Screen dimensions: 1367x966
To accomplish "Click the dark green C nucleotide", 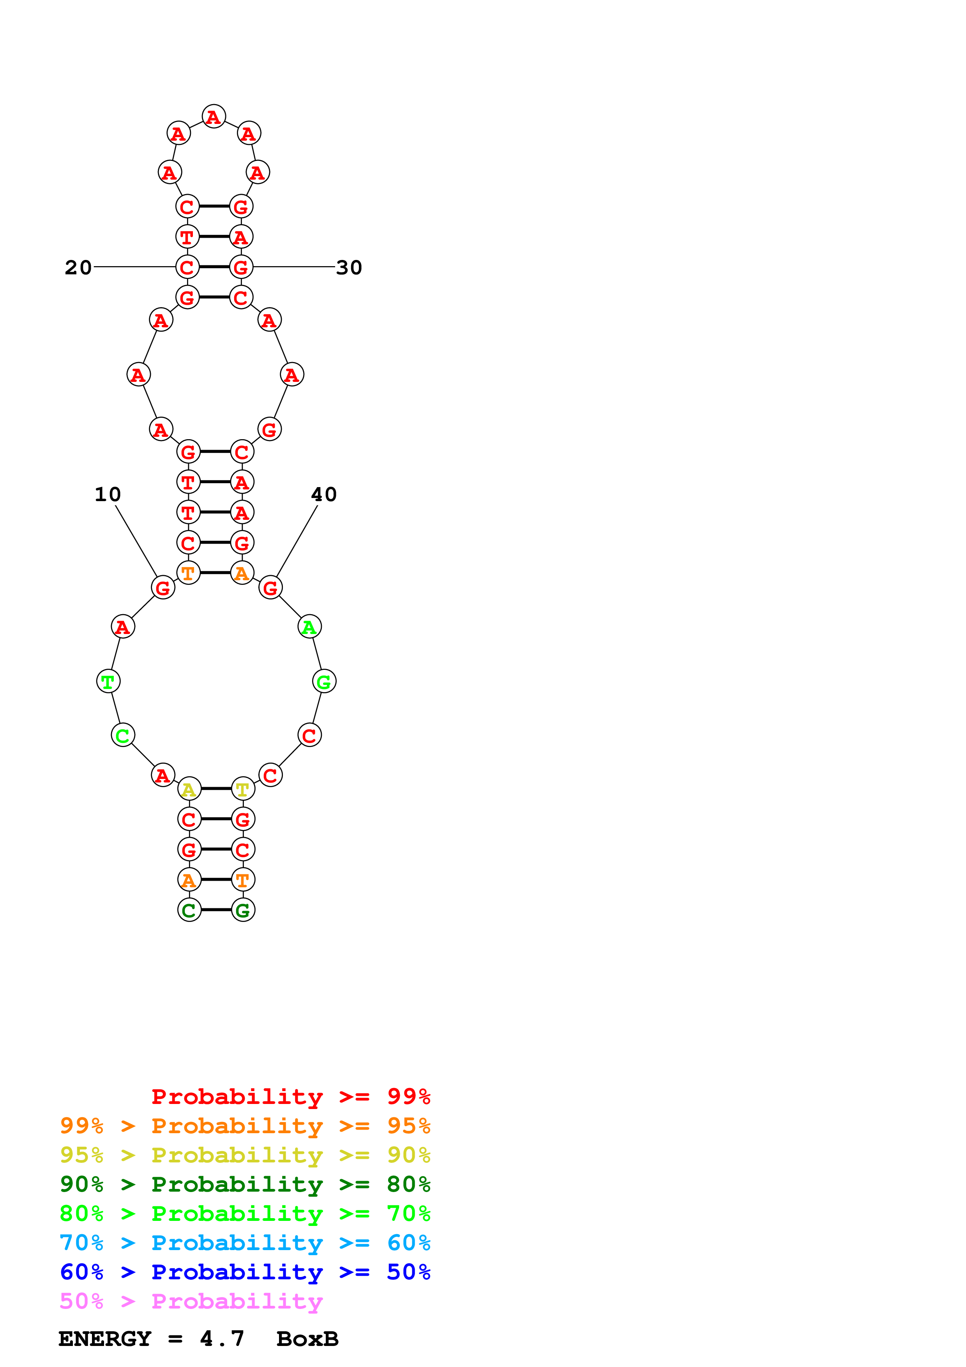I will point(189,910).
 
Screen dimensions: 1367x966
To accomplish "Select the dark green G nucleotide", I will point(243,910).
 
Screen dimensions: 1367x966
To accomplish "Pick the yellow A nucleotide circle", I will point(189,789).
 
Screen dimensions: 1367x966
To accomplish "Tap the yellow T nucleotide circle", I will point(243,789).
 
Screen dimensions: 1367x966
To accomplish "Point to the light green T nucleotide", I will point(108,682).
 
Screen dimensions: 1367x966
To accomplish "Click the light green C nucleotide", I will point(123,736).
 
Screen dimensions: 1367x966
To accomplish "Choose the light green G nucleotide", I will point(324,682).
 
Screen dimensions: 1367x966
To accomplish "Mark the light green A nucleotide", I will point(309,627).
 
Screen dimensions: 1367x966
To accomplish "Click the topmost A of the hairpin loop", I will point(214,117).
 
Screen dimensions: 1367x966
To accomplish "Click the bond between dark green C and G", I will point(216,910).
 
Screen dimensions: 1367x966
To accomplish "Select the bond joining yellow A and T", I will point(216,789).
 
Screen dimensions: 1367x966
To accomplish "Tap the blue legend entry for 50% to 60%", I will point(245,1272).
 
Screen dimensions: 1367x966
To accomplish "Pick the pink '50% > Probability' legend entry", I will point(191,1302).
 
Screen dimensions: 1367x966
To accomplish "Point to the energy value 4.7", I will point(222,1339).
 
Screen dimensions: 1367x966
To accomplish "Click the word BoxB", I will point(307,1339).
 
